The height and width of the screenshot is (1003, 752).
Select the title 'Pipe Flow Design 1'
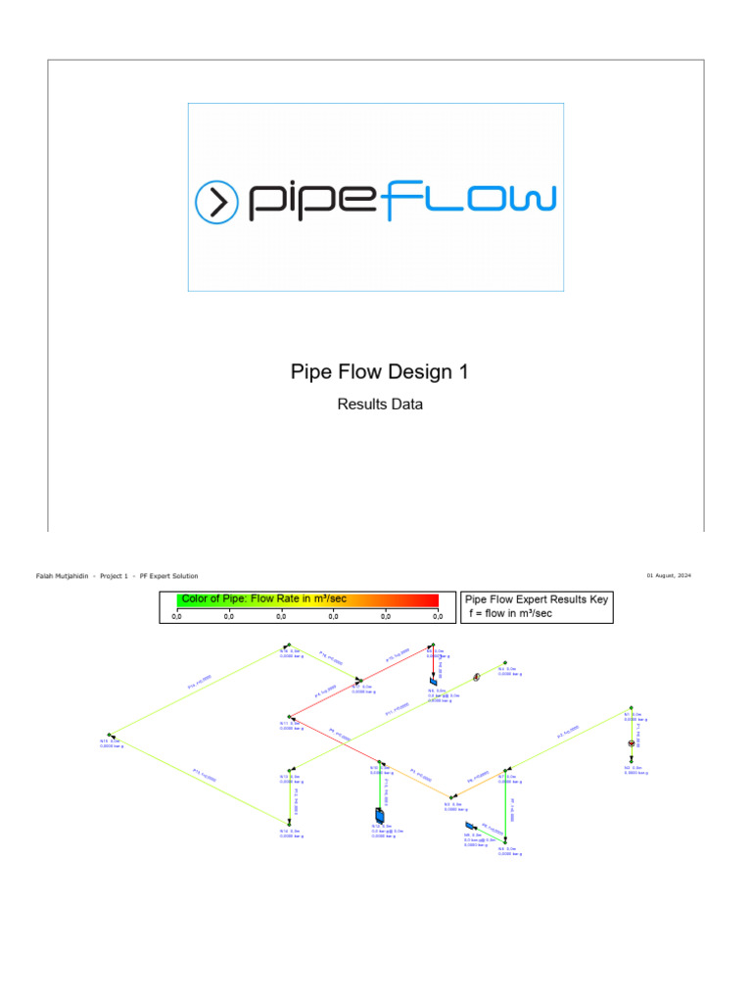(380, 372)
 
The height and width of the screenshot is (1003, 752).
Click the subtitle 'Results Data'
(380, 404)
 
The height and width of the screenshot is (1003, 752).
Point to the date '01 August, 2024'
(669, 576)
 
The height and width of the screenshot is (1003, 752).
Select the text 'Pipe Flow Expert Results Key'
(536, 598)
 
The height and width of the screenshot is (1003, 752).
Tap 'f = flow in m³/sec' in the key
(509, 613)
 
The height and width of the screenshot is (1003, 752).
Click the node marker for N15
(110, 735)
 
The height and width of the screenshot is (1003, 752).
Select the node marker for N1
(632, 708)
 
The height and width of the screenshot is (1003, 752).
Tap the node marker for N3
(451, 797)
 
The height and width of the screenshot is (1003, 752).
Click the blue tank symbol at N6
(433, 681)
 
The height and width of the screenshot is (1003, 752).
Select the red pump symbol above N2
(632, 744)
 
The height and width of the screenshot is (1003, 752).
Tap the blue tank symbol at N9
(471, 828)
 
